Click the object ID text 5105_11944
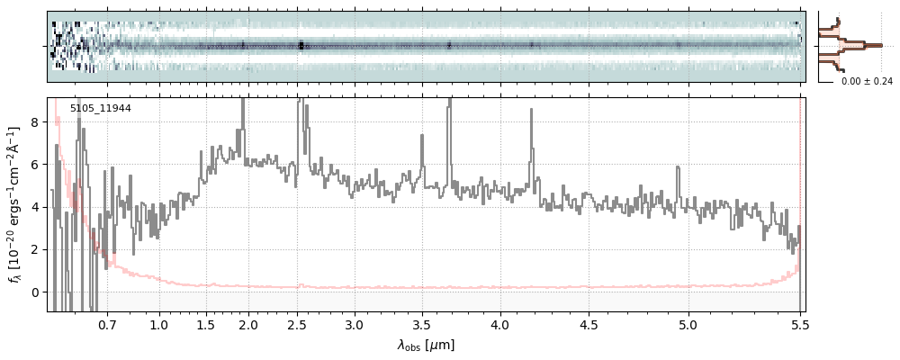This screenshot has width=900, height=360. click(101, 109)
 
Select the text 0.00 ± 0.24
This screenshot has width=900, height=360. click(867, 81)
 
